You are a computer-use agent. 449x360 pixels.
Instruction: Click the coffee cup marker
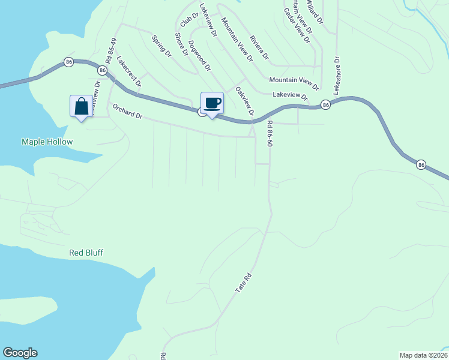(x=212, y=103)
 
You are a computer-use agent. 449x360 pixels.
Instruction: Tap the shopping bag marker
(x=81, y=107)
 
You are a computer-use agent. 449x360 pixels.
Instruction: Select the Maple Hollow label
(x=47, y=142)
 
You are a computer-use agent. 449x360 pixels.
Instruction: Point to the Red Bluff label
(x=86, y=253)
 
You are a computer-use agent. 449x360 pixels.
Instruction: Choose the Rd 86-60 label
(x=270, y=134)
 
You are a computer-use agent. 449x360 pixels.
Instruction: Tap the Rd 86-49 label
(x=110, y=52)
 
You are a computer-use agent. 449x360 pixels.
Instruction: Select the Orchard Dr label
(x=127, y=111)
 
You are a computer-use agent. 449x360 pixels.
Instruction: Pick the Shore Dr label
(x=181, y=44)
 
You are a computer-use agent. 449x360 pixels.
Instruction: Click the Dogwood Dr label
(x=199, y=55)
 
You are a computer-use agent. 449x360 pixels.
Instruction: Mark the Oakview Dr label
(x=245, y=102)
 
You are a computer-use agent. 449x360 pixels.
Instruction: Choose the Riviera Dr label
(x=259, y=47)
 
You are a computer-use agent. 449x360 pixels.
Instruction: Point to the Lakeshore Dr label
(x=337, y=76)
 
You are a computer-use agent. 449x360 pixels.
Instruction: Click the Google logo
(x=20, y=353)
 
